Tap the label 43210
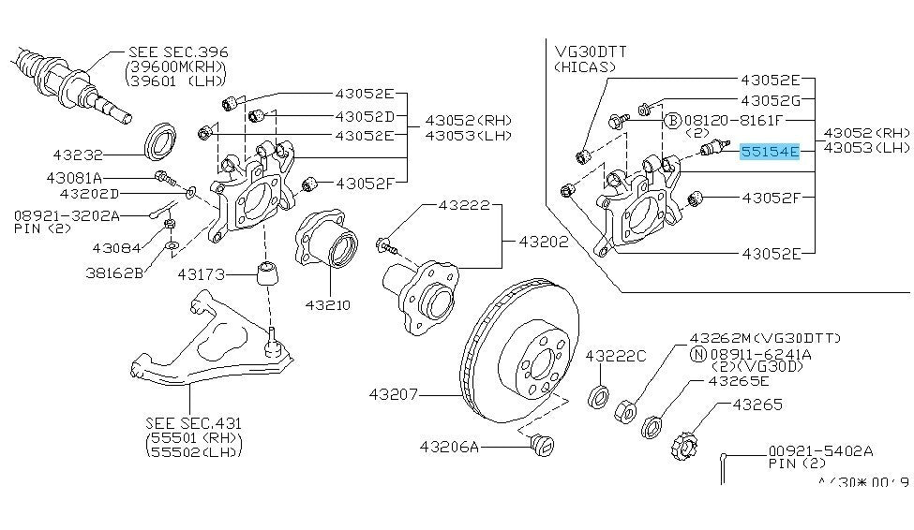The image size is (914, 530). pyautogui.click(x=326, y=304)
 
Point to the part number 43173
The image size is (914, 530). pyautogui.click(x=200, y=273)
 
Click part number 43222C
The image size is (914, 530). pyautogui.click(x=616, y=356)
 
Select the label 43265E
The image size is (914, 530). pyautogui.click(x=739, y=381)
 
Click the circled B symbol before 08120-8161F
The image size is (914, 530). pyautogui.click(x=672, y=121)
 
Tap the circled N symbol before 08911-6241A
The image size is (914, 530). pyautogui.click(x=697, y=354)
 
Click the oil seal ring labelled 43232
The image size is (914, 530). pyautogui.click(x=161, y=140)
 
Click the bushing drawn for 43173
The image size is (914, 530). pyautogui.click(x=268, y=276)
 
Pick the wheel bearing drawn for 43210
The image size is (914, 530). pyautogui.click(x=326, y=249)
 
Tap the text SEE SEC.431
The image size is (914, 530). pyautogui.click(x=187, y=422)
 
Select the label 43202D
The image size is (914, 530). pyautogui.click(x=89, y=194)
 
